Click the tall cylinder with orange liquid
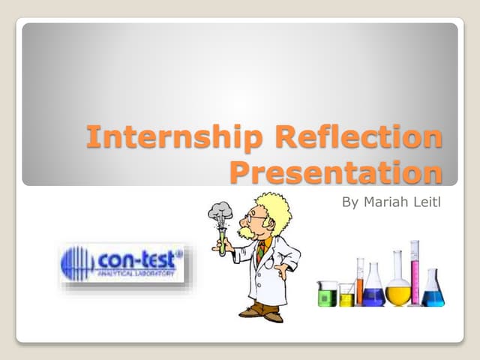pos(360,282)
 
